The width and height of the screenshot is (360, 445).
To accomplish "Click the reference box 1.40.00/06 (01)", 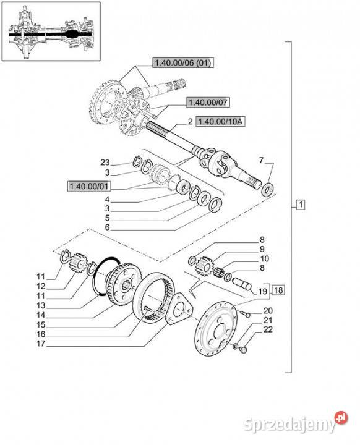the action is [x=183, y=62].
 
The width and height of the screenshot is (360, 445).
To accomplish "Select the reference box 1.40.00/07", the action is [x=208, y=102].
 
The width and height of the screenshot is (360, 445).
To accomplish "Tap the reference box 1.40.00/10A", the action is [x=220, y=122].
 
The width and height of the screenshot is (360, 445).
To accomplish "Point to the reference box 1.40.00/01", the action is [x=89, y=186].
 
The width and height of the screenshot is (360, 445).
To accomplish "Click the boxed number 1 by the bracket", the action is [x=301, y=205].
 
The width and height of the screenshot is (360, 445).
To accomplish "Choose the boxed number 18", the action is [x=279, y=290].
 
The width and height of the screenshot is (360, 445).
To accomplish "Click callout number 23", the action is [x=105, y=163].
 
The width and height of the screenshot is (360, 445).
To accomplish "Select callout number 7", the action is [x=261, y=160].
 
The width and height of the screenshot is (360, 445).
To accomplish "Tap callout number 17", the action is [x=41, y=344].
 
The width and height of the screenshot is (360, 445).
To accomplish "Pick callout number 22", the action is [x=268, y=329].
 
